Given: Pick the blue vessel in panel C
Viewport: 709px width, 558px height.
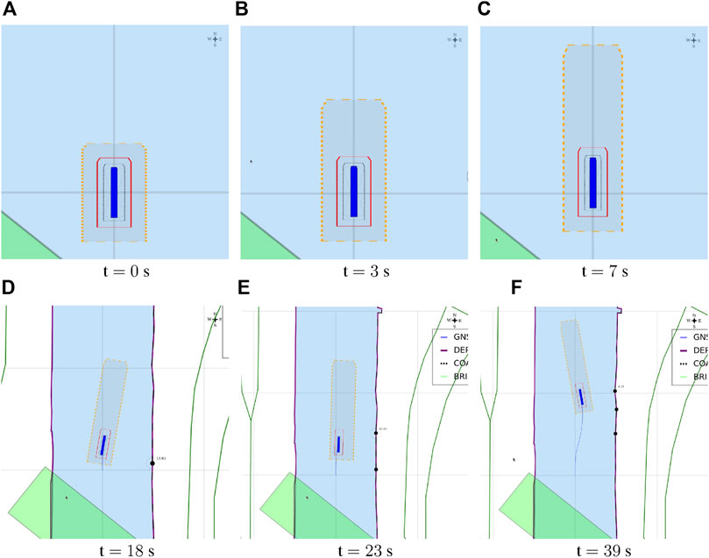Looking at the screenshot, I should coord(593,182).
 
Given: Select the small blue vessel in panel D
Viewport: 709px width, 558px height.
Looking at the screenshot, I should coord(103,445).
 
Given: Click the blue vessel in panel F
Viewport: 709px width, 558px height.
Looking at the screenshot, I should coord(581,398).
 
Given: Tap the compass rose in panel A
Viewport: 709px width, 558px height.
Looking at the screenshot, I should coord(215,39).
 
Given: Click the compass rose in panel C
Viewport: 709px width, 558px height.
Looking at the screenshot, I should coord(694,39).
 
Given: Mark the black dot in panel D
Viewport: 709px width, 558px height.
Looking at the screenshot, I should coord(152,463).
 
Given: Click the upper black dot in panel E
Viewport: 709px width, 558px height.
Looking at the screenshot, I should coord(375,433).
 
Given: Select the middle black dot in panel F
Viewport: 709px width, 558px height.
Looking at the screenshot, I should coord(616,410).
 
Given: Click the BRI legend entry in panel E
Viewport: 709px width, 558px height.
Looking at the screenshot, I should coord(447,377).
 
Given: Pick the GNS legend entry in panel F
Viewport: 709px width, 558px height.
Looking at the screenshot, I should coord(691,337).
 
